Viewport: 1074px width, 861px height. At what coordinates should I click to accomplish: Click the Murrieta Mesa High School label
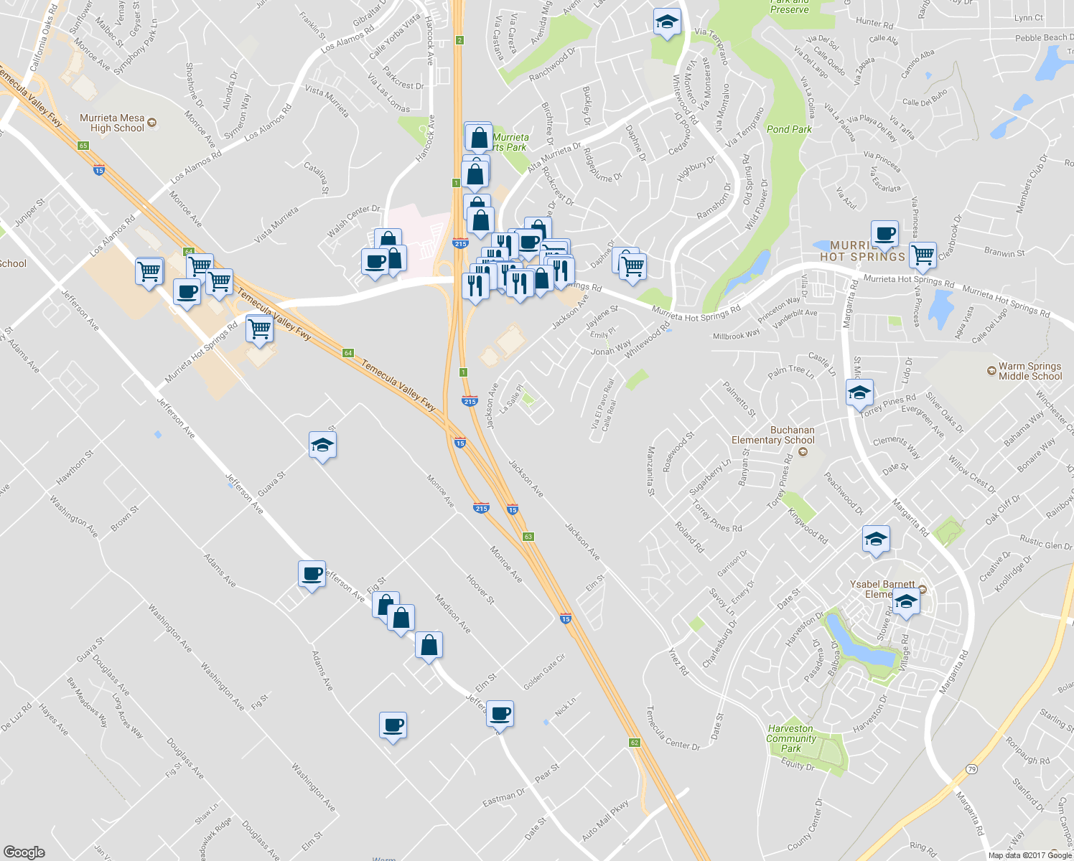[x=112, y=123]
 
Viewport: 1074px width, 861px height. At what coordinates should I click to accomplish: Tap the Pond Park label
[x=789, y=129]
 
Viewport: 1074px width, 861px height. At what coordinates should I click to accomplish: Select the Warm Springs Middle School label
[x=1029, y=371]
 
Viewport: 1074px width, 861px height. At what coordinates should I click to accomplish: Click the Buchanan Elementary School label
[x=772, y=435]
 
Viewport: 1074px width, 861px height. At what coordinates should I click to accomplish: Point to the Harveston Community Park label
[x=791, y=738]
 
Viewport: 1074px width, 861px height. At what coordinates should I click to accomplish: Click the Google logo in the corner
[x=24, y=852]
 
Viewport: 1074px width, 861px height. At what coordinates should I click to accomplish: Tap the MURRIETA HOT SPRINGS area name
[x=862, y=251]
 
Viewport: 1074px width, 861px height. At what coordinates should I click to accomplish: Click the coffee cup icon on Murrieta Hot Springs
[x=884, y=234]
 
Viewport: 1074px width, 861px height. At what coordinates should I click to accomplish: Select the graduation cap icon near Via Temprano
[x=667, y=22]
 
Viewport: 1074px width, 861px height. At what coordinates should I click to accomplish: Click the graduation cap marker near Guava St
[x=322, y=446]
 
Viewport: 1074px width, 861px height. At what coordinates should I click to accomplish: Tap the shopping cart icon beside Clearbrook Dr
[x=923, y=254]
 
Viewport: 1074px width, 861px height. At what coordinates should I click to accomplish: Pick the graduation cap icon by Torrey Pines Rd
[x=859, y=392]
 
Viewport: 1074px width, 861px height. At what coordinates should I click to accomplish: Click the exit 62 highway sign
[x=635, y=743]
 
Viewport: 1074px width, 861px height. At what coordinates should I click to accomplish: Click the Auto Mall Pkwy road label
[x=604, y=820]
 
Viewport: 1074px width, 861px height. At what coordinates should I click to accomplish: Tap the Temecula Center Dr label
[x=672, y=729]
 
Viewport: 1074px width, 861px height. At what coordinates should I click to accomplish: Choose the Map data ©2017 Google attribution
[x=1029, y=855]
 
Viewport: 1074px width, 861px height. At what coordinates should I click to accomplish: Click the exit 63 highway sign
[x=528, y=537]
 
